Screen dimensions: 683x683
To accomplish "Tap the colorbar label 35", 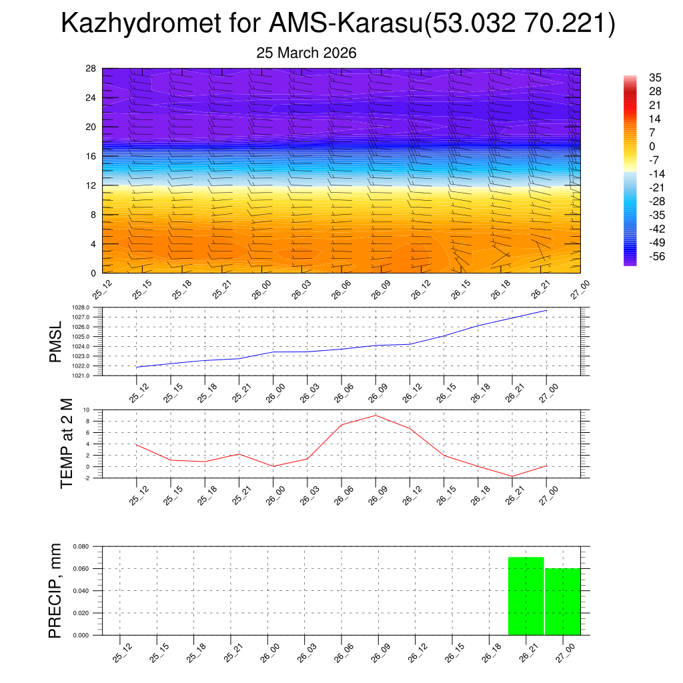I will coord(655,77).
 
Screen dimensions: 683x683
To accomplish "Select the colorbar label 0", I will coord(652,146).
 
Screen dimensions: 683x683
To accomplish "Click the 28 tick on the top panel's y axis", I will coord(91,69).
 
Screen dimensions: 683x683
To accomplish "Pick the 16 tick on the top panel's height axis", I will coord(91,156).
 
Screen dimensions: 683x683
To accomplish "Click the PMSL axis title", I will coord(57,341).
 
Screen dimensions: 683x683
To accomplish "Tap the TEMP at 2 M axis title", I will coord(67,444).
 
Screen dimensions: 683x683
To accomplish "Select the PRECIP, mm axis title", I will coord(56,590).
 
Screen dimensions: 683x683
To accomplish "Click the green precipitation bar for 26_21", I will coord(526,596).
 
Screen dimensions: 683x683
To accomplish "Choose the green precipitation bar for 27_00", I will coord(563,601).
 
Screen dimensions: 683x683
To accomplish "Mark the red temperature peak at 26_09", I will coord(376,416).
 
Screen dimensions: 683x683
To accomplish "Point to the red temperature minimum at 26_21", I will coord(512,476).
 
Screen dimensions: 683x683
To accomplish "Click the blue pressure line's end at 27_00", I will coord(547,310).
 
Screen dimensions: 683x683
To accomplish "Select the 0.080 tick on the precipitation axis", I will coord(81,546).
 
